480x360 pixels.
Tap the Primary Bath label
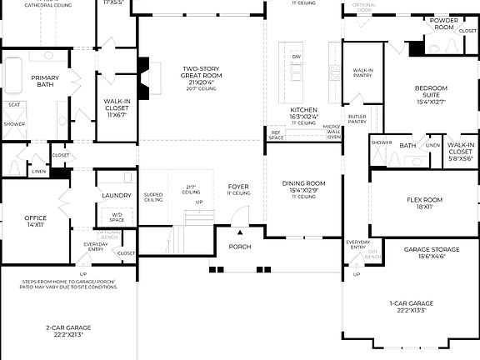pyautogui.click(x=45, y=82)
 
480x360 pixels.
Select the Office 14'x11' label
pyautogui.click(x=36, y=221)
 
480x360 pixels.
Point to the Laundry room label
pyautogui.click(x=116, y=196)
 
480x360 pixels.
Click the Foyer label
pyautogui.click(x=239, y=189)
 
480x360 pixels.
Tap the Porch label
pyautogui.click(x=240, y=247)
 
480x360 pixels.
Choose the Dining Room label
pyautogui.click(x=302, y=187)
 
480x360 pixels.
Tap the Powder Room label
pyautogui.click(x=444, y=24)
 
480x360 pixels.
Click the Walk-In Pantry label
pyautogui.click(x=362, y=73)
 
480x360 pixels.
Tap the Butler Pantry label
pyautogui.click(x=357, y=119)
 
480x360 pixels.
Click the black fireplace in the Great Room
pyautogui.click(x=143, y=67)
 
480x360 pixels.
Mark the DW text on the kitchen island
pyautogui.click(x=296, y=57)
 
